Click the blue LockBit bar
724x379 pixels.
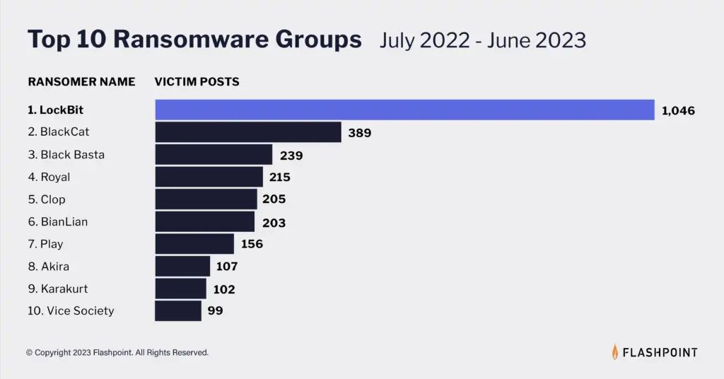(x=404, y=110)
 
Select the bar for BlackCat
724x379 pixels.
(x=248, y=132)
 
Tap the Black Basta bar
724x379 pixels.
(x=214, y=155)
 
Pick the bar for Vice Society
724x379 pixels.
(x=178, y=310)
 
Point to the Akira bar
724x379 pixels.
(x=182, y=267)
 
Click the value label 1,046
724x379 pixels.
(x=679, y=110)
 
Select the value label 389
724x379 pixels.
(x=359, y=133)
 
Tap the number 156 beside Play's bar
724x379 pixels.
(x=251, y=245)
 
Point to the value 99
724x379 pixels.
(x=216, y=310)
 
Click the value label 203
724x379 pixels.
(x=274, y=223)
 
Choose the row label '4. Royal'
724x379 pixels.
(x=49, y=177)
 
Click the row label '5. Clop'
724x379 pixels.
(x=47, y=199)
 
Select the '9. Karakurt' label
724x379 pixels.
(x=58, y=288)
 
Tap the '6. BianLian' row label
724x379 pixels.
(x=58, y=222)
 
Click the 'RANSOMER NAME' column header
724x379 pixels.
(x=81, y=82)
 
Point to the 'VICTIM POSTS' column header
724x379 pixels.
(x=197, y=82)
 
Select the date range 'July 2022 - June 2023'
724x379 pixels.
(x=483, y=40)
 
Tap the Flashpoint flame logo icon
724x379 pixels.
(x=615, y=351)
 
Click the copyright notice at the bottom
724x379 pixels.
(x=117, y=352)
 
